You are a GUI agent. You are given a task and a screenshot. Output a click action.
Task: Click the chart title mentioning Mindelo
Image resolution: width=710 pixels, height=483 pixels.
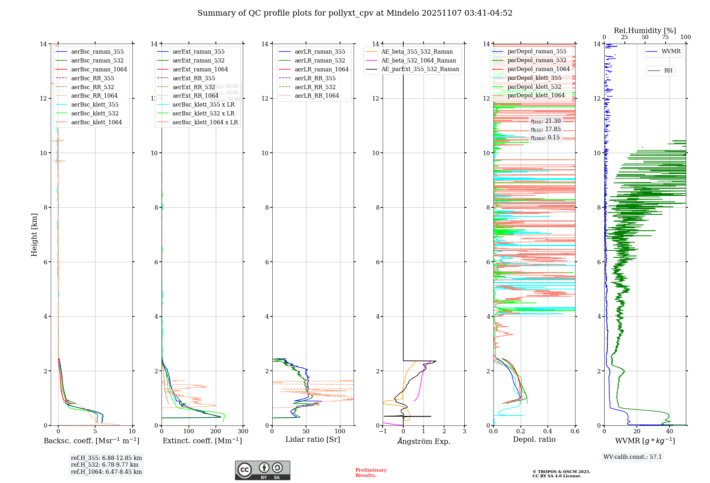click(x=355, y=13)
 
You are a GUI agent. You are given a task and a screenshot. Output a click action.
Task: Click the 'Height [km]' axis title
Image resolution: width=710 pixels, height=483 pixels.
click(x=34, y=235)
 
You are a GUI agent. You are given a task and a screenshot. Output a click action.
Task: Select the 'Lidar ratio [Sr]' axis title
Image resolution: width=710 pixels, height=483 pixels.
click(x=313, y=439)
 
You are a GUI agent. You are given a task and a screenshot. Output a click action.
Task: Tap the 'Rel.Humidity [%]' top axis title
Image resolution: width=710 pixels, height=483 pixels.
click(x=645, y=31)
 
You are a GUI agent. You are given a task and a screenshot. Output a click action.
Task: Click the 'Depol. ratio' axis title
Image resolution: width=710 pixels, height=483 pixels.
click(x=534, y=439)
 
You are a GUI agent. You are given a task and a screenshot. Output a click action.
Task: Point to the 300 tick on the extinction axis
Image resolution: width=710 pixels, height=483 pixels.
click(x=243, y=432)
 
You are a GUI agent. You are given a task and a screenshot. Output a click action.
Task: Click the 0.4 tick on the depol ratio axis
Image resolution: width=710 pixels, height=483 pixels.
click(x=548, y=432)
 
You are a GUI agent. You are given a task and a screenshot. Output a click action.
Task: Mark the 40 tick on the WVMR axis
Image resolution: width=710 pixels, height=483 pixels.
click(x=670, y=432)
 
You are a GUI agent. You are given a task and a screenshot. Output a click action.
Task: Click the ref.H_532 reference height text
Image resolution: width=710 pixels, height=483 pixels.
click(x=105, y=465)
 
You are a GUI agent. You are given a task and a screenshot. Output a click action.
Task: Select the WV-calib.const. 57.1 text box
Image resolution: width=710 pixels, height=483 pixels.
click(x=633, y=457)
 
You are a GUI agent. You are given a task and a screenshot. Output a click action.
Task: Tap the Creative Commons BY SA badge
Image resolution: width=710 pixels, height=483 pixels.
click(x=262, y=470)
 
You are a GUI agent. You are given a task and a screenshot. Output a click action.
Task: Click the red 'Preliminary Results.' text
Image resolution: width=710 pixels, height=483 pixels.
click(x=371, y=473)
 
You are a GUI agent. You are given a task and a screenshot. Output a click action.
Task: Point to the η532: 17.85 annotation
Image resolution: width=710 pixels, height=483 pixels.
click(x=546, y=129)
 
